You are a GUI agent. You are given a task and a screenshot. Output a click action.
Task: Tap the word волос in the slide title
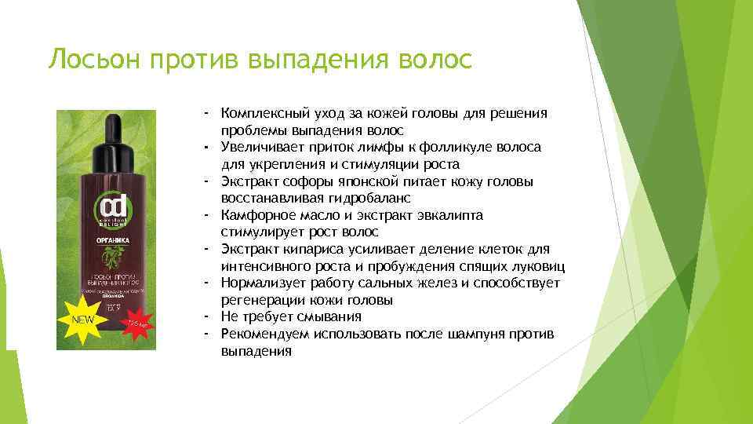click(x=435, y=60)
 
